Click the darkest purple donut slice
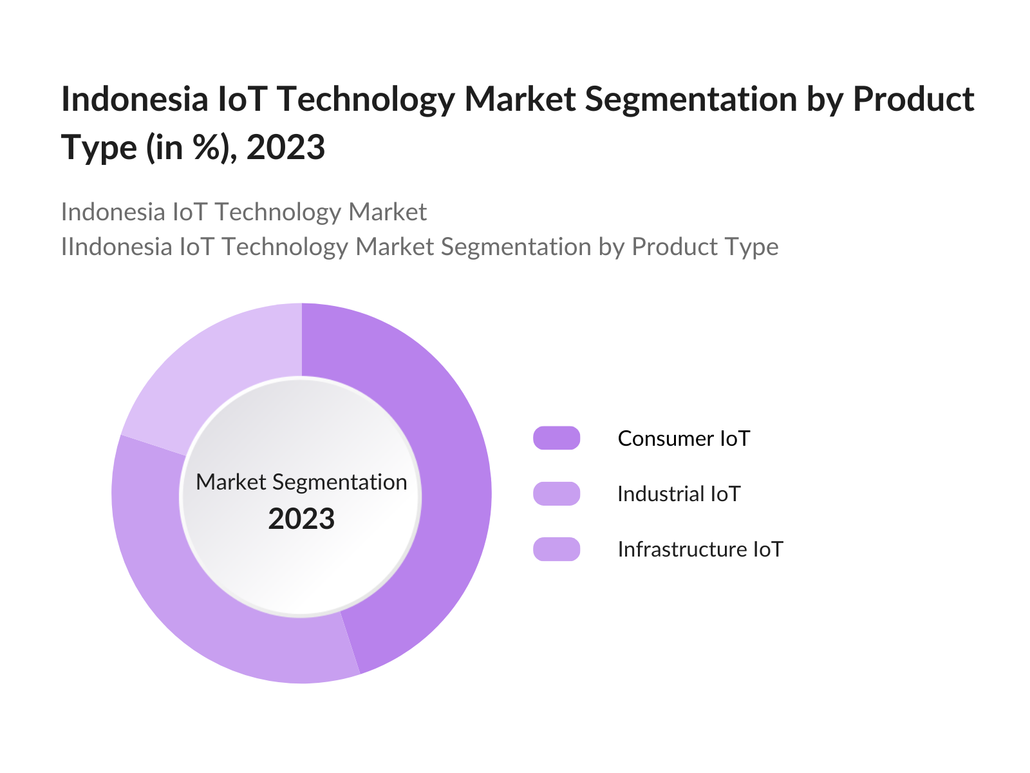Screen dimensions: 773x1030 click(x=444, y=490)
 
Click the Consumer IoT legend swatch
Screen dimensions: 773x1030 click(x=557, y=438)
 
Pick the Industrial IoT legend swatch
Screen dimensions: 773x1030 click(x=557, y=493)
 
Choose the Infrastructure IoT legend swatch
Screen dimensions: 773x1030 click(x=557, y=549)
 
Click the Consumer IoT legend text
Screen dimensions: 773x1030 click(x=684, y=439)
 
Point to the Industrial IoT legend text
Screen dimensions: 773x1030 click(x=679, y=494)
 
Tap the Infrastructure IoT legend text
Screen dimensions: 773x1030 click(x=700, y=549)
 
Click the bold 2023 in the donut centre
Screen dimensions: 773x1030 click(x=301, y=519)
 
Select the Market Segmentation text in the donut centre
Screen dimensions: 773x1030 click(x=301, y=482)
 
